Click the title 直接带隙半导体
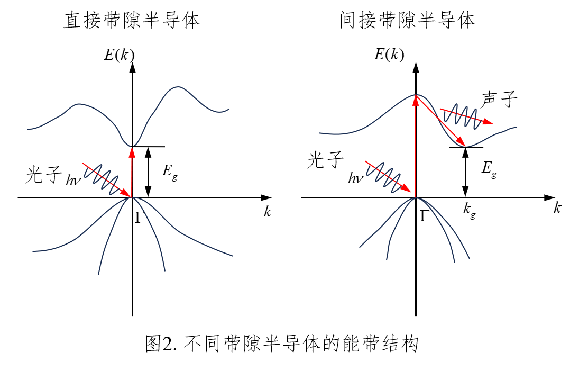[132, 21]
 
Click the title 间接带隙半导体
[408, 21]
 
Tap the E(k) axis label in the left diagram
[119, 55]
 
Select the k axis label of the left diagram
[267, 212]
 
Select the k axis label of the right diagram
[557, 207]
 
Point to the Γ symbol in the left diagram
[138, 217]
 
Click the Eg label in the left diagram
[170, 172]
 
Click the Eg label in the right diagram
[489, 169]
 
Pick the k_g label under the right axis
[469, 210]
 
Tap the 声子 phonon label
[500, 100]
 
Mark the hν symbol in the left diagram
[74, 180]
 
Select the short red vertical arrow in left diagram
[132, 172]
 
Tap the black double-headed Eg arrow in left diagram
[148, 172]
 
